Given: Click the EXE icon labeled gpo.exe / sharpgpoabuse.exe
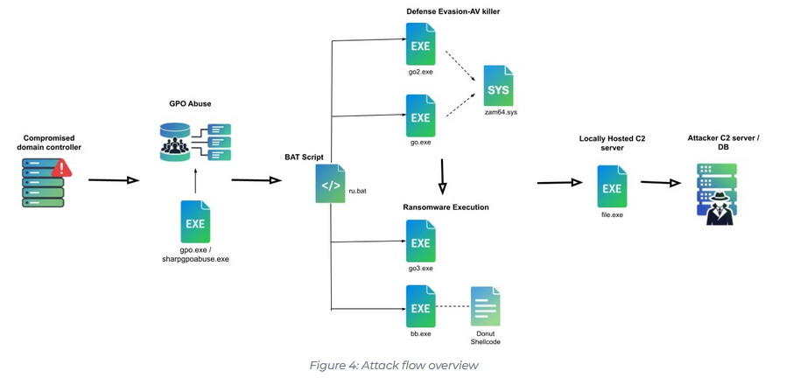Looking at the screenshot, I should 195,222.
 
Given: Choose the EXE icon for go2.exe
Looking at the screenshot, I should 421,45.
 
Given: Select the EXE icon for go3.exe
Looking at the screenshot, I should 421,241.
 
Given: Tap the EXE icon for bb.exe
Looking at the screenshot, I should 421,306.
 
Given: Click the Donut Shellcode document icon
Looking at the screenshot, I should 486,307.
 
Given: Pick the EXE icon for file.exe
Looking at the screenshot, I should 612,186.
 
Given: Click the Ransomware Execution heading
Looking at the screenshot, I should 446,207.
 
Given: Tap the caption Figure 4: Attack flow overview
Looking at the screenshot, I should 394,365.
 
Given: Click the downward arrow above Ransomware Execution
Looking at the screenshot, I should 443,178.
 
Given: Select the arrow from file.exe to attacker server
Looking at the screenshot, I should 660,183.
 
